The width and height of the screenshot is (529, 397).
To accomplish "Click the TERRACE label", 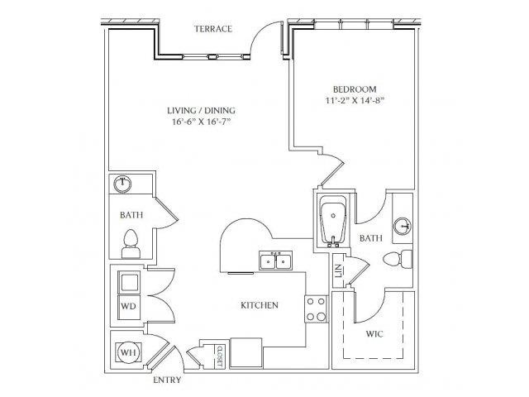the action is (x=213, y=29).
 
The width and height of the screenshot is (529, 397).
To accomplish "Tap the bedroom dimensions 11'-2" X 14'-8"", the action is (x=355, y=101).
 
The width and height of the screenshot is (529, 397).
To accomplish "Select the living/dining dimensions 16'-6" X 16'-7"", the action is (x=202, y=122).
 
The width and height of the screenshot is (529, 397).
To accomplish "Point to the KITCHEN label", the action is (x=260, y=305).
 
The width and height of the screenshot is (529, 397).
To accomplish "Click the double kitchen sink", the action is (x=275, y=261).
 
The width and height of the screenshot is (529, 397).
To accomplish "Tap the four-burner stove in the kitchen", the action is (x=316, y=309).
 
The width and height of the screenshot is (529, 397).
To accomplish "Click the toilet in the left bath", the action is (x=131, y=244).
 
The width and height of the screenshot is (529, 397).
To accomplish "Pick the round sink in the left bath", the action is (x=122, y=184).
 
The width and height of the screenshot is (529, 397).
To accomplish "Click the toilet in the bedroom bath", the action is (x=398, y=259).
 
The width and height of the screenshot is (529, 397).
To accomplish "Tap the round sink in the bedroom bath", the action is (x=403, y=226).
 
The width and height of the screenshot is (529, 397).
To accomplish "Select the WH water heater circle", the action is (x=128, y=353).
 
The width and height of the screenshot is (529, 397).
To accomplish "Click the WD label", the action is (x=129, y=306).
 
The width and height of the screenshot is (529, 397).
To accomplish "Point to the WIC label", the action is (x=374, y=334).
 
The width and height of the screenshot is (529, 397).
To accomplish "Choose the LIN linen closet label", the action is (x=339, y=270).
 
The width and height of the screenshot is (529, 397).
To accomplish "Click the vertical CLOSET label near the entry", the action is (x=220, y=356).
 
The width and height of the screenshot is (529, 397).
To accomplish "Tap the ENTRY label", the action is (x=167, y=380).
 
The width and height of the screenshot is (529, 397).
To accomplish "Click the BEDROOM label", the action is (x=355, y=89).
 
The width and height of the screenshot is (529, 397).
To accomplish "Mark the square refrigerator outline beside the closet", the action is (x=245, y=353).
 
